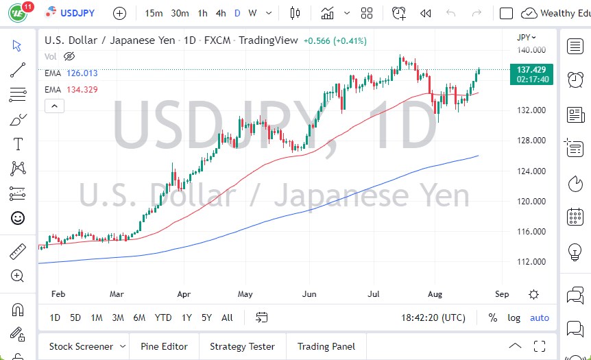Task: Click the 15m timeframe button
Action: [x=154, y=13]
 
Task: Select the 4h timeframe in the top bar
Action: [x=220, y=13]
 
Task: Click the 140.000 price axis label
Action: [x=531, y=50]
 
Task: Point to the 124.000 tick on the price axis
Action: [x=531, y=171]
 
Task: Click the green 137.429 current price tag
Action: [x=531, y=70]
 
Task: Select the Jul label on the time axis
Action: [x=374, y=294]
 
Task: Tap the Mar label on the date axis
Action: [x=117, y=294]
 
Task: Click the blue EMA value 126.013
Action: [x=82, y=73]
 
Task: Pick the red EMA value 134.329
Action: [x=82, y=90]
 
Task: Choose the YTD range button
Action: [x=163, y=317]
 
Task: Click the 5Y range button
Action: [x=206, y=317]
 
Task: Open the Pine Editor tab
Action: [x=165, y=346]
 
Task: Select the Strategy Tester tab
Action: [x=242, y=346]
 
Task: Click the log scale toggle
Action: [x=514, y=317]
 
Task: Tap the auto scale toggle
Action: [x=540, y=317]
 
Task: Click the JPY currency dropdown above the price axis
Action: [x=527, y=37]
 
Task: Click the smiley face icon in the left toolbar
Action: [x=18, y=218]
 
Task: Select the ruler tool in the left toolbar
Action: [x=18, y=252]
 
